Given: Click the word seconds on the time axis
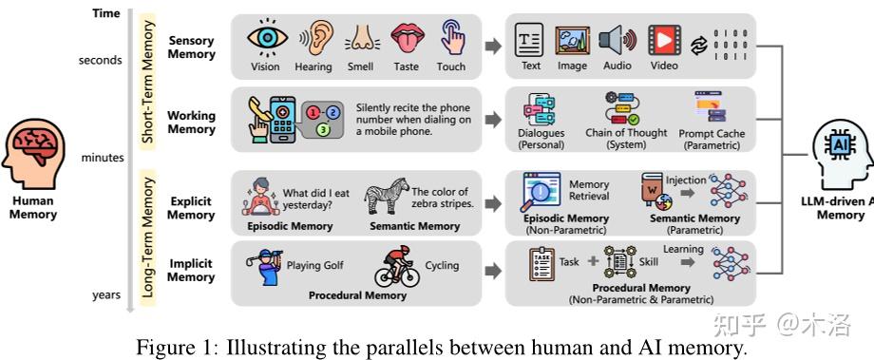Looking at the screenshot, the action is pos(101,61).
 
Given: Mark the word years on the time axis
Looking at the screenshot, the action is pos(106,295).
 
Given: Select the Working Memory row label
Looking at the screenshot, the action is pos(192,123).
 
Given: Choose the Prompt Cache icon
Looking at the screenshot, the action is pos(710,107).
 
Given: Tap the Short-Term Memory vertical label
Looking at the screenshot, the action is pos(147,85).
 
